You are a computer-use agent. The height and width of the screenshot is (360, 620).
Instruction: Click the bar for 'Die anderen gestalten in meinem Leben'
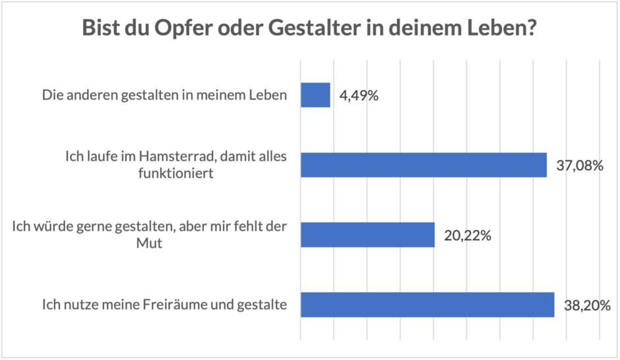(315, 95)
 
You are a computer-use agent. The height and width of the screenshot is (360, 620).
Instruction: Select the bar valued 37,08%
(423, 165)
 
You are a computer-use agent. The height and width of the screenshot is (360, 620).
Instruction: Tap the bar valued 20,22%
(367, 235)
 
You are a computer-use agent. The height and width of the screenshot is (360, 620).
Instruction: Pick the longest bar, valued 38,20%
(427, 304)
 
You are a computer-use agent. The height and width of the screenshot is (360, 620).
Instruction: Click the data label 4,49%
(359, 96)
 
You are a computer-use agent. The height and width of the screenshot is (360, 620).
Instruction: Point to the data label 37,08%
(580, 165)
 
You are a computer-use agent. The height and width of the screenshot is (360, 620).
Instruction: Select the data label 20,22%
(467, 235)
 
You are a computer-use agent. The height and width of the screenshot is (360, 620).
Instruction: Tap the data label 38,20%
(586, 305)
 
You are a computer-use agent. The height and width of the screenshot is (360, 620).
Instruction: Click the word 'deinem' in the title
(423, 30)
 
